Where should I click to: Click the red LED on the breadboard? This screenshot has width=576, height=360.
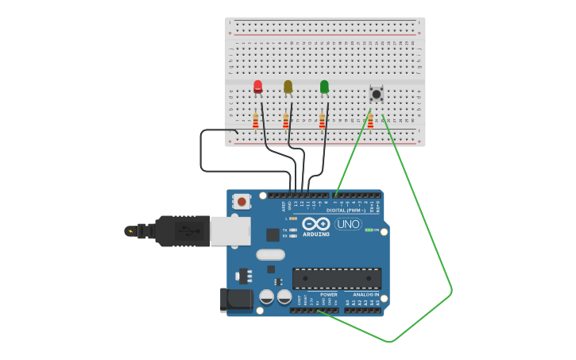point(257,86)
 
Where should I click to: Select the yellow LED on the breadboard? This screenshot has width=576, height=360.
point(288,86)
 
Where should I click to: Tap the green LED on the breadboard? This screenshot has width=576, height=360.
point(324,86)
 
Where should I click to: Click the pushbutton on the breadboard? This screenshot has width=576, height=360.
point(377,94)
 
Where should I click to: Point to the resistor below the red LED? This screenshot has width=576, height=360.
point(256,121)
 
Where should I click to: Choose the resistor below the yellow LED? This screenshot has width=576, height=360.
point(286,121)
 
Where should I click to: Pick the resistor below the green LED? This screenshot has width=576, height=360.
point(322,121)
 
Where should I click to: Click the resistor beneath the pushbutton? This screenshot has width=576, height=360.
point(370,121)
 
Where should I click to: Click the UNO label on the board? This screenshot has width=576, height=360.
point(348,224)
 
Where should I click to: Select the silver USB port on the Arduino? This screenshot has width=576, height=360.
point(230,230)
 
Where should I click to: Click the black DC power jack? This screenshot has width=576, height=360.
point(236,300)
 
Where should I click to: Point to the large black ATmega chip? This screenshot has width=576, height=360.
point(336,278)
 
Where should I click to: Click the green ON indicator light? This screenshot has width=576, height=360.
point(369,230)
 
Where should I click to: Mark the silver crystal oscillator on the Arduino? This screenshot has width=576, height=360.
point(270,254)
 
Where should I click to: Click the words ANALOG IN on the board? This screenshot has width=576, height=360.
point(365,295)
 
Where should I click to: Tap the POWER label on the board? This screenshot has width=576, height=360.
point(328,295)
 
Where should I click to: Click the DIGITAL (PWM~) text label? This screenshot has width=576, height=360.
point(346,210)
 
